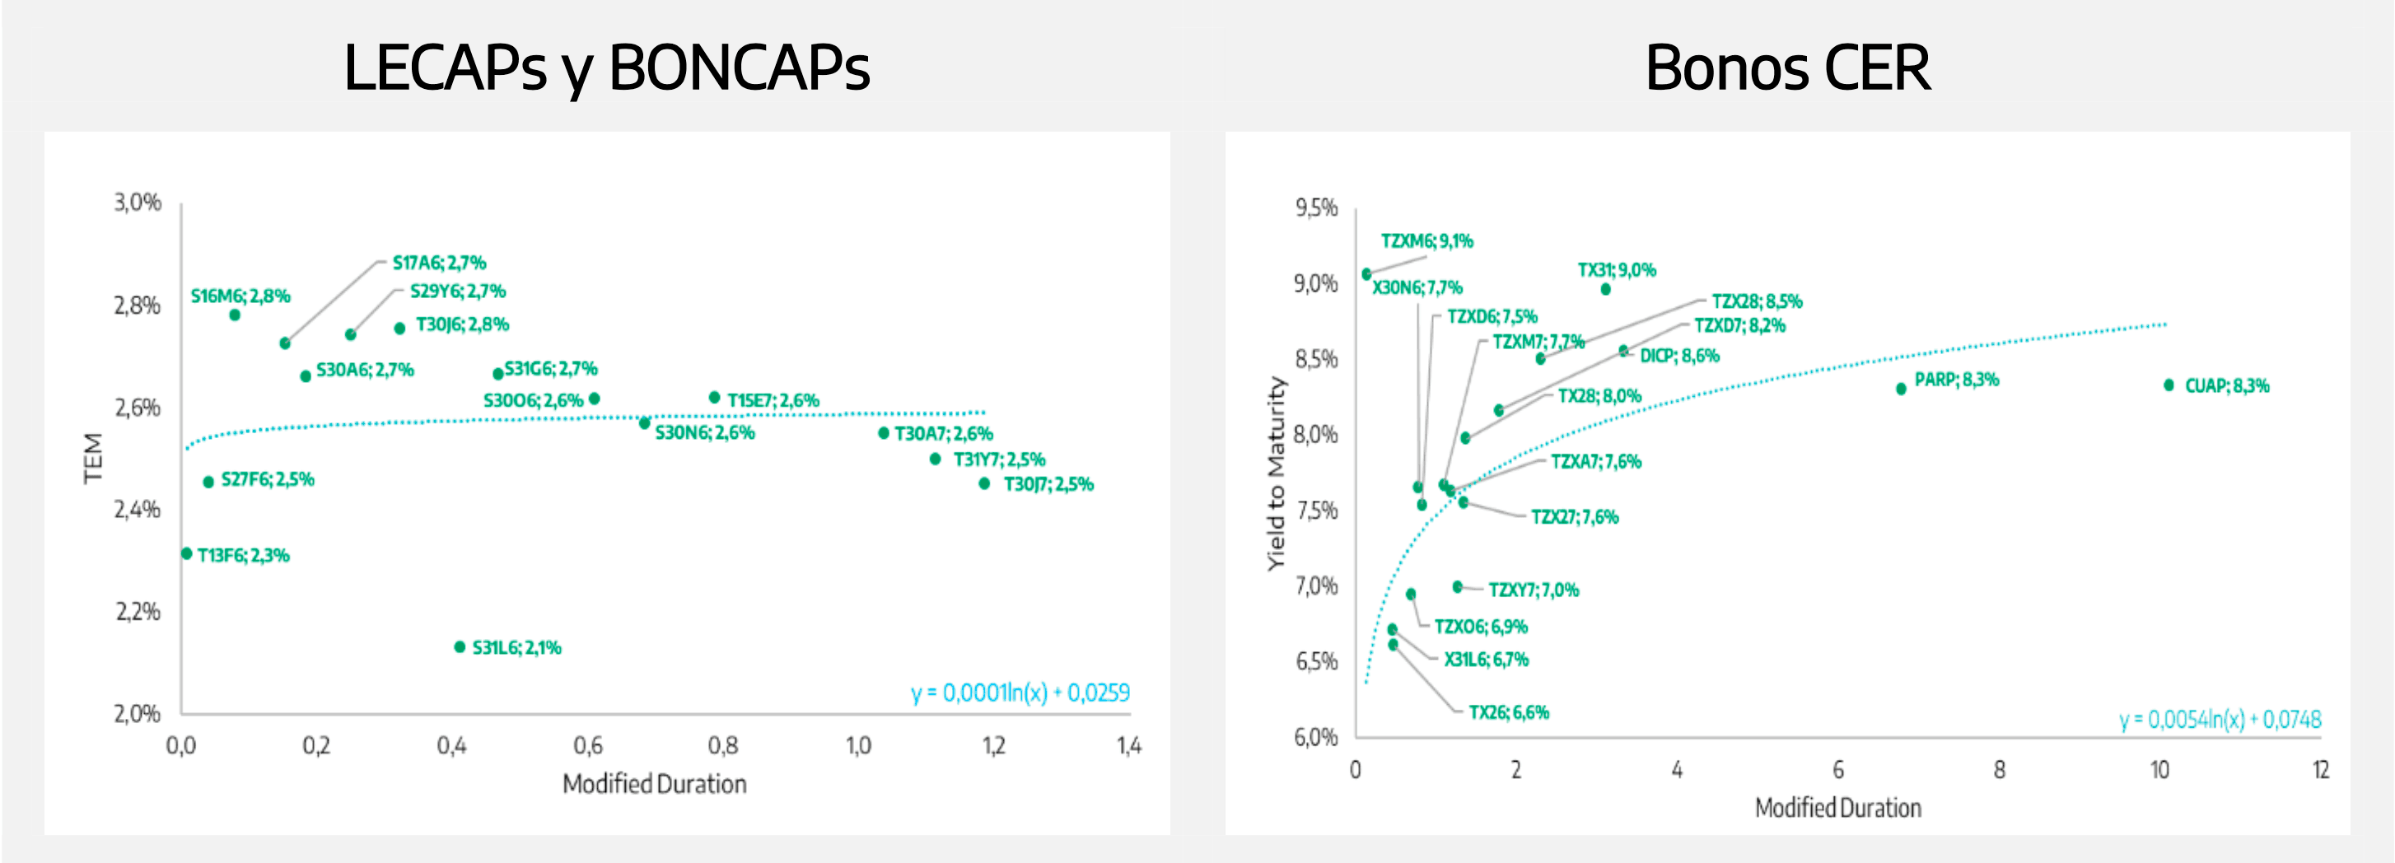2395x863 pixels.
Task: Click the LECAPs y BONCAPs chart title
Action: [x=606, y=68]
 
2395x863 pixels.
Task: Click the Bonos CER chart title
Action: [x=1787, y=68]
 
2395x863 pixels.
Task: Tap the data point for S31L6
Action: [x=460, y=647]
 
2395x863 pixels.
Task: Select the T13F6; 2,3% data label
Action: [x=243, y=556]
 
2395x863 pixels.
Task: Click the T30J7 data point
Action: [x=983, y=483]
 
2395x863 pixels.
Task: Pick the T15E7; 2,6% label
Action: [x=773, y=401]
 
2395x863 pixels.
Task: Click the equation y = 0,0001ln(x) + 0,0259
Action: [x=1020, y=693]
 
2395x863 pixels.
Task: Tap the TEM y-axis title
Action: [x=93, y=458]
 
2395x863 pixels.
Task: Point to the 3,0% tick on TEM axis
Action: [x=138, y=203]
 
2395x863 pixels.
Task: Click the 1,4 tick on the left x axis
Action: [x=1128, y=746]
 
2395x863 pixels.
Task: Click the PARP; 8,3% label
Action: [x=1956, y=380]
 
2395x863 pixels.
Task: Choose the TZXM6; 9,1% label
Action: [x=1426, y=240]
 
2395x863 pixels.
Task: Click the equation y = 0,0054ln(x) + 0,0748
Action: [x=2220, y=720]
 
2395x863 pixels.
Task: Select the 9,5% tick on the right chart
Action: [x=1316, y=208]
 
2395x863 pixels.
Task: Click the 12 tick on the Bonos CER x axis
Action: [x=2321, y=770]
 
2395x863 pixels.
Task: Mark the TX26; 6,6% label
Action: [x=1508, y=712]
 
